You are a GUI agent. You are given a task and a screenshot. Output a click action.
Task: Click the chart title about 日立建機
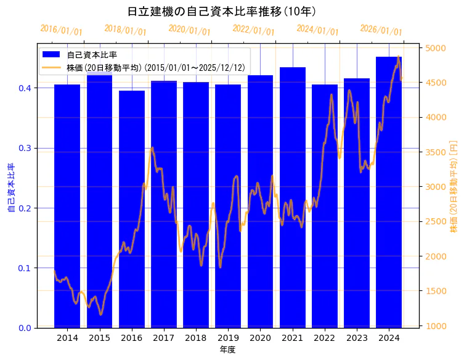221,12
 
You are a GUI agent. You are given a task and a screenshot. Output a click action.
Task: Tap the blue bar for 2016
132,209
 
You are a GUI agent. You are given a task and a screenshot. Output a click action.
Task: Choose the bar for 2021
293,197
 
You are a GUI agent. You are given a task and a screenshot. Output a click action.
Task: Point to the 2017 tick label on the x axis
164,338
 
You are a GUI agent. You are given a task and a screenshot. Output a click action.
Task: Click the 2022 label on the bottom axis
325,338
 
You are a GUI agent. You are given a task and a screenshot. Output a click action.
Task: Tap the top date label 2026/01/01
381,30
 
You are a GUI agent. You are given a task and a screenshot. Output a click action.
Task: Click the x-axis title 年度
227,350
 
